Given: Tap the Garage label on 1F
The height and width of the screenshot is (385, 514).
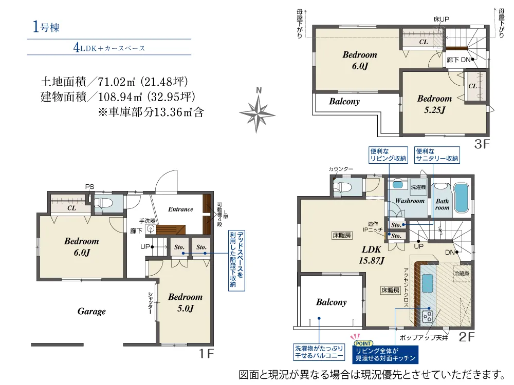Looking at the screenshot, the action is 91,312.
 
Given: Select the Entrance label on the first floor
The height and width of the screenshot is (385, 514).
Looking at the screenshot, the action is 180,209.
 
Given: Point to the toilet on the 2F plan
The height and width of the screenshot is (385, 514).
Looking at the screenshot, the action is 342,187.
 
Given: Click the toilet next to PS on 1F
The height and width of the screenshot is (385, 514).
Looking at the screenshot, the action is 103,203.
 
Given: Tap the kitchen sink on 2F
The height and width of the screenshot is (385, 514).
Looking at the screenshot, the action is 427,283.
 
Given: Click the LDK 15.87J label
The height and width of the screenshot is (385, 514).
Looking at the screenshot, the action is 372,255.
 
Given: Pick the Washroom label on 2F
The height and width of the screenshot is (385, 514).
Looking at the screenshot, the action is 410,201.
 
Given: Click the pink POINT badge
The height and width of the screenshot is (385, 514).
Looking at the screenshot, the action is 363,343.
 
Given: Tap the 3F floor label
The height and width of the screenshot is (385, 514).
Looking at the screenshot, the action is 482,144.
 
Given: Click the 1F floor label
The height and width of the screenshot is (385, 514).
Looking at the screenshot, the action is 207,354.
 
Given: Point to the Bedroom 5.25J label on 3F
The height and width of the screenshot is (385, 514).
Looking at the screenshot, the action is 434,104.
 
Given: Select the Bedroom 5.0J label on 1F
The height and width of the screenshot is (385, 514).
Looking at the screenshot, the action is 185,302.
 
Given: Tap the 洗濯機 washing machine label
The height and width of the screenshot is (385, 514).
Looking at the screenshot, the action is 418,187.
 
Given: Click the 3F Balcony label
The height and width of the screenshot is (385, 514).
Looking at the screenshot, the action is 344,102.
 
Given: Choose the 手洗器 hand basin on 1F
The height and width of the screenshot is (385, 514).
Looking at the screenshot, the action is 151,228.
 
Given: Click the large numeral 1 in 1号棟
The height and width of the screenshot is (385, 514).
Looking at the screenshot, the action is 36,27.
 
